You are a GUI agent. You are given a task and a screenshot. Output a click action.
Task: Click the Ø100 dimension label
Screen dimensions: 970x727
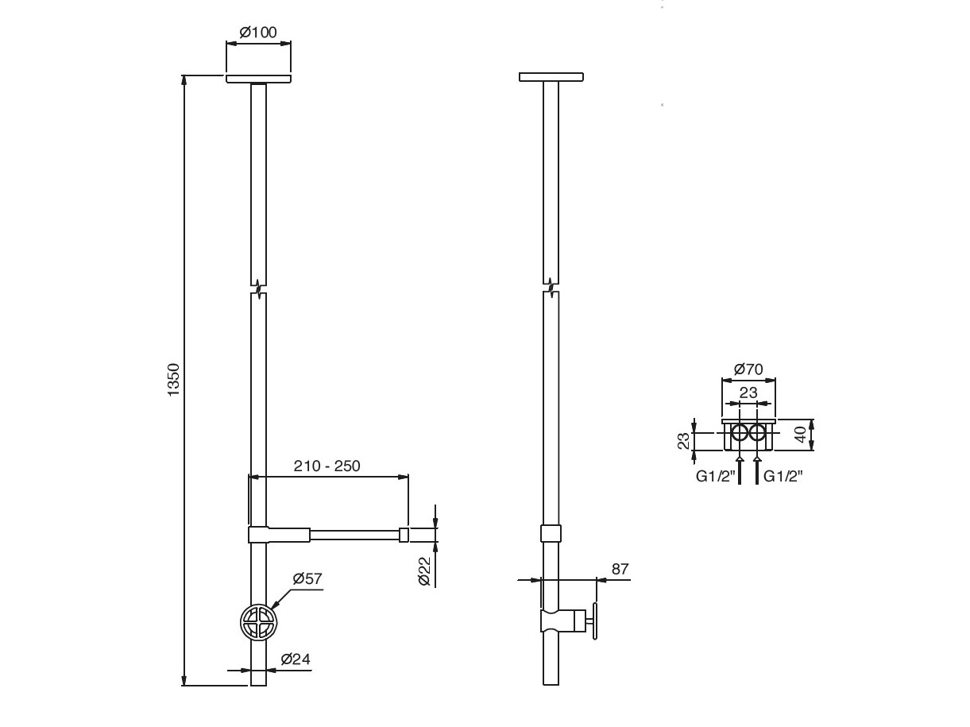coord(258,33)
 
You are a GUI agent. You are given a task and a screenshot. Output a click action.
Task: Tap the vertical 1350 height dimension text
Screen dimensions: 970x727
coord(174,380)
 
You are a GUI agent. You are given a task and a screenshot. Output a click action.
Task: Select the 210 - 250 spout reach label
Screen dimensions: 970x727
coord(327,466)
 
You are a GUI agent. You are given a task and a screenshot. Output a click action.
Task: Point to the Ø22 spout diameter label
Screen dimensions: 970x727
coord(423,571)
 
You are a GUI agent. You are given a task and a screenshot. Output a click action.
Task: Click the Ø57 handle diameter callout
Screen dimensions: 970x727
coord(307,578)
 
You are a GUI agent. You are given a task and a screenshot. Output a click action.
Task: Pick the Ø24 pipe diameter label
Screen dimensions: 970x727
coord(296,659)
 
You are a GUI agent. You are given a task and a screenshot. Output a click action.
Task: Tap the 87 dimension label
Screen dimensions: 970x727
coord(620,569)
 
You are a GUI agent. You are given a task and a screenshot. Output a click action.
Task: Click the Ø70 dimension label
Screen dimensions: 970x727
coord(748,369)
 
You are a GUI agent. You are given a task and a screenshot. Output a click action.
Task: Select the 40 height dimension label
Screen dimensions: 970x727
coord(801,435)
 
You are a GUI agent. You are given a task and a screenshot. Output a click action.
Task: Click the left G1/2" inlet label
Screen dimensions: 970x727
coord(716,477)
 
